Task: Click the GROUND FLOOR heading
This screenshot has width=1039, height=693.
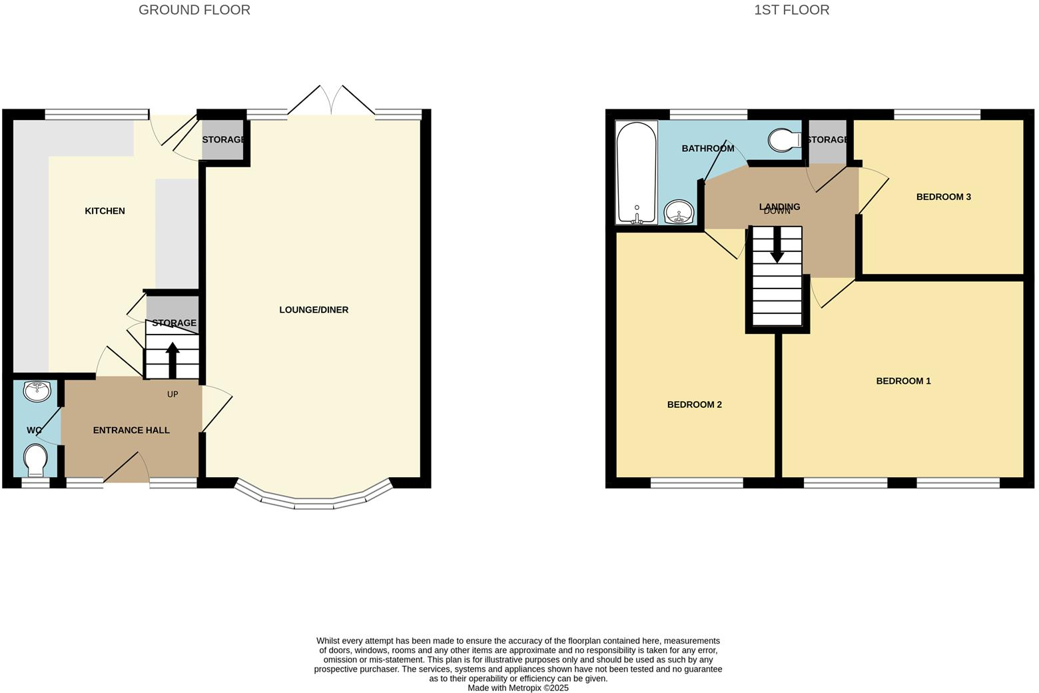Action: (x=194, y=10)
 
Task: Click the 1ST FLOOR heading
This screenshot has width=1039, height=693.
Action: (x=791, y=10)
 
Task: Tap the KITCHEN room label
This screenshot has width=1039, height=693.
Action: (x=105, y=211)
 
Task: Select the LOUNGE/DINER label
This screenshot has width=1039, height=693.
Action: (x=314, y=310)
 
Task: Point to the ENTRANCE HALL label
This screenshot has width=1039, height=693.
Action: (x=131, y=430)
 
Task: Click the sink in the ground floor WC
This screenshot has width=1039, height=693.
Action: (x=36, y=391)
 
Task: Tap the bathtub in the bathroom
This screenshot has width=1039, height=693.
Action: (x=637, y=172)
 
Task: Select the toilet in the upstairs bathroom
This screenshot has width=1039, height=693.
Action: (x=784, y=140)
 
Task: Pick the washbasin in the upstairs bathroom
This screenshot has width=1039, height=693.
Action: (x=679, y=213)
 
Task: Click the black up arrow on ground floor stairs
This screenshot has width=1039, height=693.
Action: (x=173, y=360)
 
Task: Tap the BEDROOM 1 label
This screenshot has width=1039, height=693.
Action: (x=903, y=381)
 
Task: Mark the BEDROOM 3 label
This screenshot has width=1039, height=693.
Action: (x=943, y=197)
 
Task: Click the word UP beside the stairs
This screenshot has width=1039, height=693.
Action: (x=173, y=394)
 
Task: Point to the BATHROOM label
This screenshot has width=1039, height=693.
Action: (x=707, y=149)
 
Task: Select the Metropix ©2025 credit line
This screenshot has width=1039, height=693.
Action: (x=518, y=688)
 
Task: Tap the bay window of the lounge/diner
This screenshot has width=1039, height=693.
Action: (x=314, y=500)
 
